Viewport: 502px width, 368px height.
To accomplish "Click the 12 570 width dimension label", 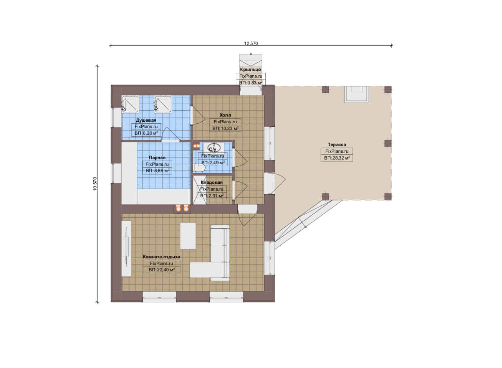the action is [x=251, y=43].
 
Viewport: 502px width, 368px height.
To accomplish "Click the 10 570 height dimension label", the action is [x=95, y=184].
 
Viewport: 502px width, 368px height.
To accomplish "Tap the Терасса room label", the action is [x=336, y=144].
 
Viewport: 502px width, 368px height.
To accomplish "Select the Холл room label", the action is [x=225, y=115].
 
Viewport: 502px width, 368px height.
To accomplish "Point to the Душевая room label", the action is [x=146, y=120].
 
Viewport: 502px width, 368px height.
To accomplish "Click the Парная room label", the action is [x=157, y=157].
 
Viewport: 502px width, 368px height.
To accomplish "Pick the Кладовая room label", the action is [x=211, y=182].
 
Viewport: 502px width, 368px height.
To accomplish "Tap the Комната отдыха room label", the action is [x=161, y=257].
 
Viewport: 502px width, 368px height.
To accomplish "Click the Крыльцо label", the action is [x=251, y=69].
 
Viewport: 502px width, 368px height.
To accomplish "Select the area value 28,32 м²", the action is [x=337, y=158].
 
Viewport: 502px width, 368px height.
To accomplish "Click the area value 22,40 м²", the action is [x=161, y=270].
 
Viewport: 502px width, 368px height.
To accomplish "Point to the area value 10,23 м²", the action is [x=225, y=128].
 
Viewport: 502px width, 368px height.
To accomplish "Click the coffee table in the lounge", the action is [x=188, y=236].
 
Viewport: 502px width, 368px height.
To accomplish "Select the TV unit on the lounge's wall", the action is [x=126, y=249].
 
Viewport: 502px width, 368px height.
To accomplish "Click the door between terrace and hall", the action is [x=274, y=183].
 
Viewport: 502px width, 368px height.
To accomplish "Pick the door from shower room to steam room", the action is [x=170, y=135].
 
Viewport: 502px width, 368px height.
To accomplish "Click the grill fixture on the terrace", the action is [x=357, y=94].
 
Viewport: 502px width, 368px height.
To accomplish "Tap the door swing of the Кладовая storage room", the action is [x=239, y=190].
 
